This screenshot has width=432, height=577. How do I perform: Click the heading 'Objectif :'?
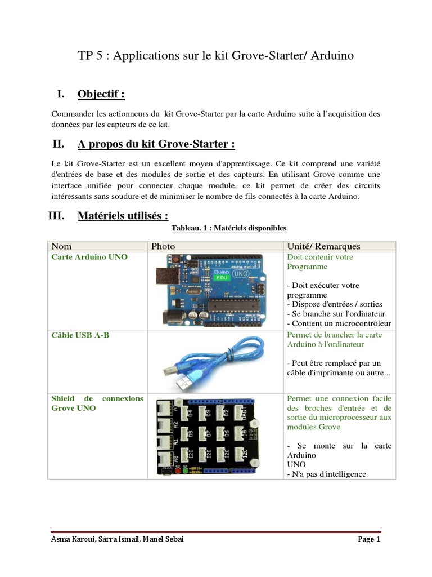(101, 94)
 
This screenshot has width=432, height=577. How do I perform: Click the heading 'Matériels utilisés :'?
(123, 216)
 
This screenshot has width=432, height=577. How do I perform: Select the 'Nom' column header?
(61, 246)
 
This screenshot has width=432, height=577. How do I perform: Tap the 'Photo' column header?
(163, 246)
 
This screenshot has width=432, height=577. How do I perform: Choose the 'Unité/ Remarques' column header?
(323, 246)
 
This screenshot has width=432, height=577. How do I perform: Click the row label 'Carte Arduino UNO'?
(89, 257)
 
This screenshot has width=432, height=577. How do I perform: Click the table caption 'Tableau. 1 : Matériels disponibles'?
(229, 228)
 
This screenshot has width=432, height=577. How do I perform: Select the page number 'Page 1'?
(370, 540)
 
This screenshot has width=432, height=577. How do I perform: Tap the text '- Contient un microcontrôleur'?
(339, 323)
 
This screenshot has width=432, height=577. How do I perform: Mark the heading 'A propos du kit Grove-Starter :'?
(156, 144)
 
